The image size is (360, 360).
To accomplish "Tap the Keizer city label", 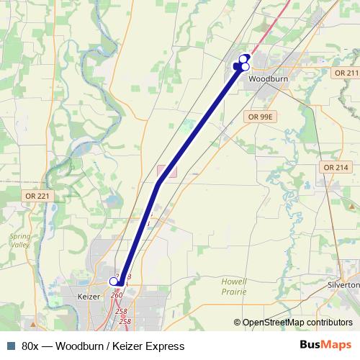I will [91, 296].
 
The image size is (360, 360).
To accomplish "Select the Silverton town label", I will [343, 284].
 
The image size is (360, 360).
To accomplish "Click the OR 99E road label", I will [260, 116].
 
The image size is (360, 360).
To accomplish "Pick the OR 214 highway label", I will [336, 167].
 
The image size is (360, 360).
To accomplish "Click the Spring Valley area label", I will [20, 241].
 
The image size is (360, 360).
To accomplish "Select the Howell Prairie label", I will [235, 287].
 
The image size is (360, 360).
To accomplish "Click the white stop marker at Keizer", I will [113, 281].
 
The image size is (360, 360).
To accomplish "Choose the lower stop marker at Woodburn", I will [245, 67].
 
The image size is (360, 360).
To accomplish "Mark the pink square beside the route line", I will [166, 172].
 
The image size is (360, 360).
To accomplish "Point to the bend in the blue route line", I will [158, 184].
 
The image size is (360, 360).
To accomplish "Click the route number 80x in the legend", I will [30, 346].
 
